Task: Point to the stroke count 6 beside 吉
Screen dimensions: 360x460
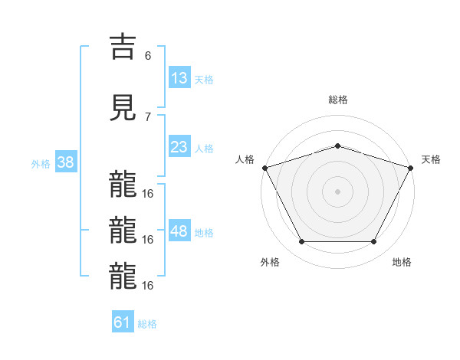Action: (x=148, y=56)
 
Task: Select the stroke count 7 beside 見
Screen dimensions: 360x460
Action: (x=148, y=116)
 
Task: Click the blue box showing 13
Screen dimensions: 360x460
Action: (x=179, y=77)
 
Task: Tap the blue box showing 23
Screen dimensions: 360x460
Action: (x=179, y=147)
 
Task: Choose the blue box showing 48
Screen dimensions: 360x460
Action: (x=179, y=231)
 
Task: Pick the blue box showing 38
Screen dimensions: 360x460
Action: (x=65, y=162)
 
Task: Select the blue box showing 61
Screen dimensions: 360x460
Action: (x=123, y=322)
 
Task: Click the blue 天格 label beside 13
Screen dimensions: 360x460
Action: (x=203, y=79)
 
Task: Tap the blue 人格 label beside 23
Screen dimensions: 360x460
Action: (x=203, y=148)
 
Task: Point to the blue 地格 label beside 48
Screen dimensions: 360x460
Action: (x=203, y=232)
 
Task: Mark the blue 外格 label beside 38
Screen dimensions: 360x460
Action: (x=41, y=163)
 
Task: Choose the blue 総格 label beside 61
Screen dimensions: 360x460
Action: (x=147, y=324)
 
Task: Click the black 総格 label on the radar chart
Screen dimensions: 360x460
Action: (x=337, y=100)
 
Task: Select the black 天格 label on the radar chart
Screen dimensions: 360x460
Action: (x=432, y=159)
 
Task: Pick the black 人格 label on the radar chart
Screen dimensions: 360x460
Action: (x=245, y=159)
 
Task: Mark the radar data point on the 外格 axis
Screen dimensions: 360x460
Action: (x=301, y=242)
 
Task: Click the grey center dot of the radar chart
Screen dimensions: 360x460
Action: (x=337, y=191)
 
